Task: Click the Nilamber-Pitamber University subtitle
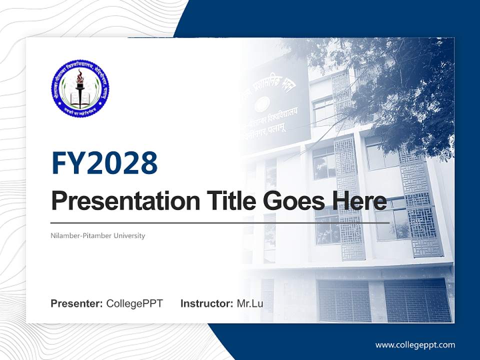[98, 235]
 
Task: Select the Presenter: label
[76, 303]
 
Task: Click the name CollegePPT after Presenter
[134, 303]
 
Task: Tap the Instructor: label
[206, 303]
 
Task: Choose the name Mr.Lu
[250, 303]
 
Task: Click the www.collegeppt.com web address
[415, 344]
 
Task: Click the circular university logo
[80, 88]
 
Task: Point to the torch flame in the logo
[79, 77]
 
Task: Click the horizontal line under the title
[220, 222]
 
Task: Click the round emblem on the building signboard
[262, 104]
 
